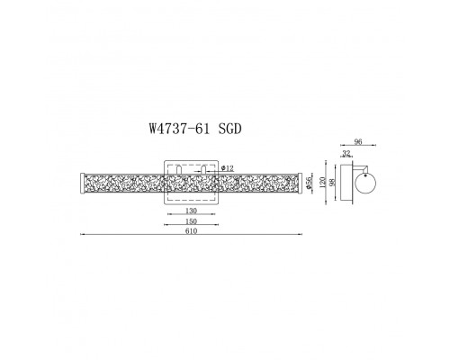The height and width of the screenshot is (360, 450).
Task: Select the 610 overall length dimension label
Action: tap(191, 231)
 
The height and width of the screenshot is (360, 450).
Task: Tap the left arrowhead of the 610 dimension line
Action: tap(82, 237)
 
